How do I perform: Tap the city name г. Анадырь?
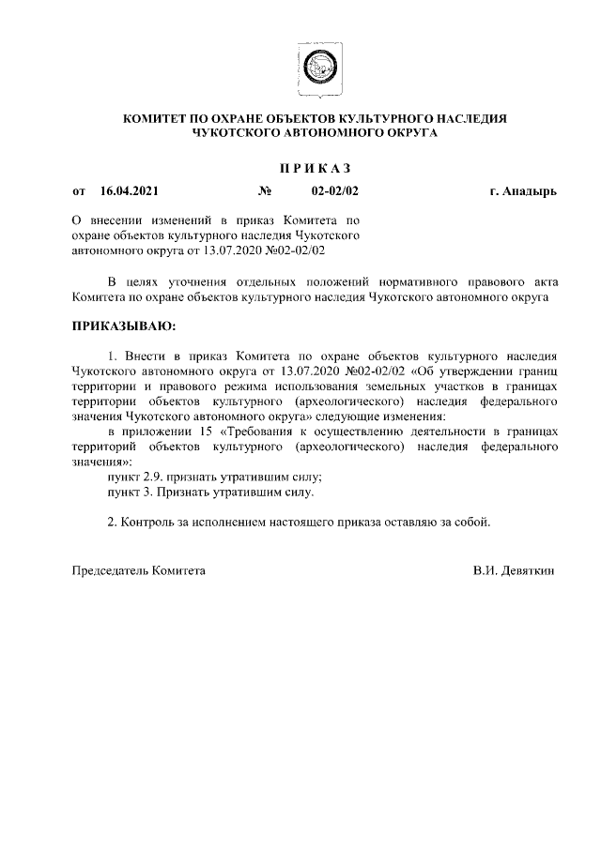(x=523, y=191)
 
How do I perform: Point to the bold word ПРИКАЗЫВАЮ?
(x=118, y=326)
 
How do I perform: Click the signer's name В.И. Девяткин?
(x=515, y=569)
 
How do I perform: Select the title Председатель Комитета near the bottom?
(x=139, y=569)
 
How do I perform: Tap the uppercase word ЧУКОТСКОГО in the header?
(x=238, y=133)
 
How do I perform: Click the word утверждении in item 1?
(x=479, y=371)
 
